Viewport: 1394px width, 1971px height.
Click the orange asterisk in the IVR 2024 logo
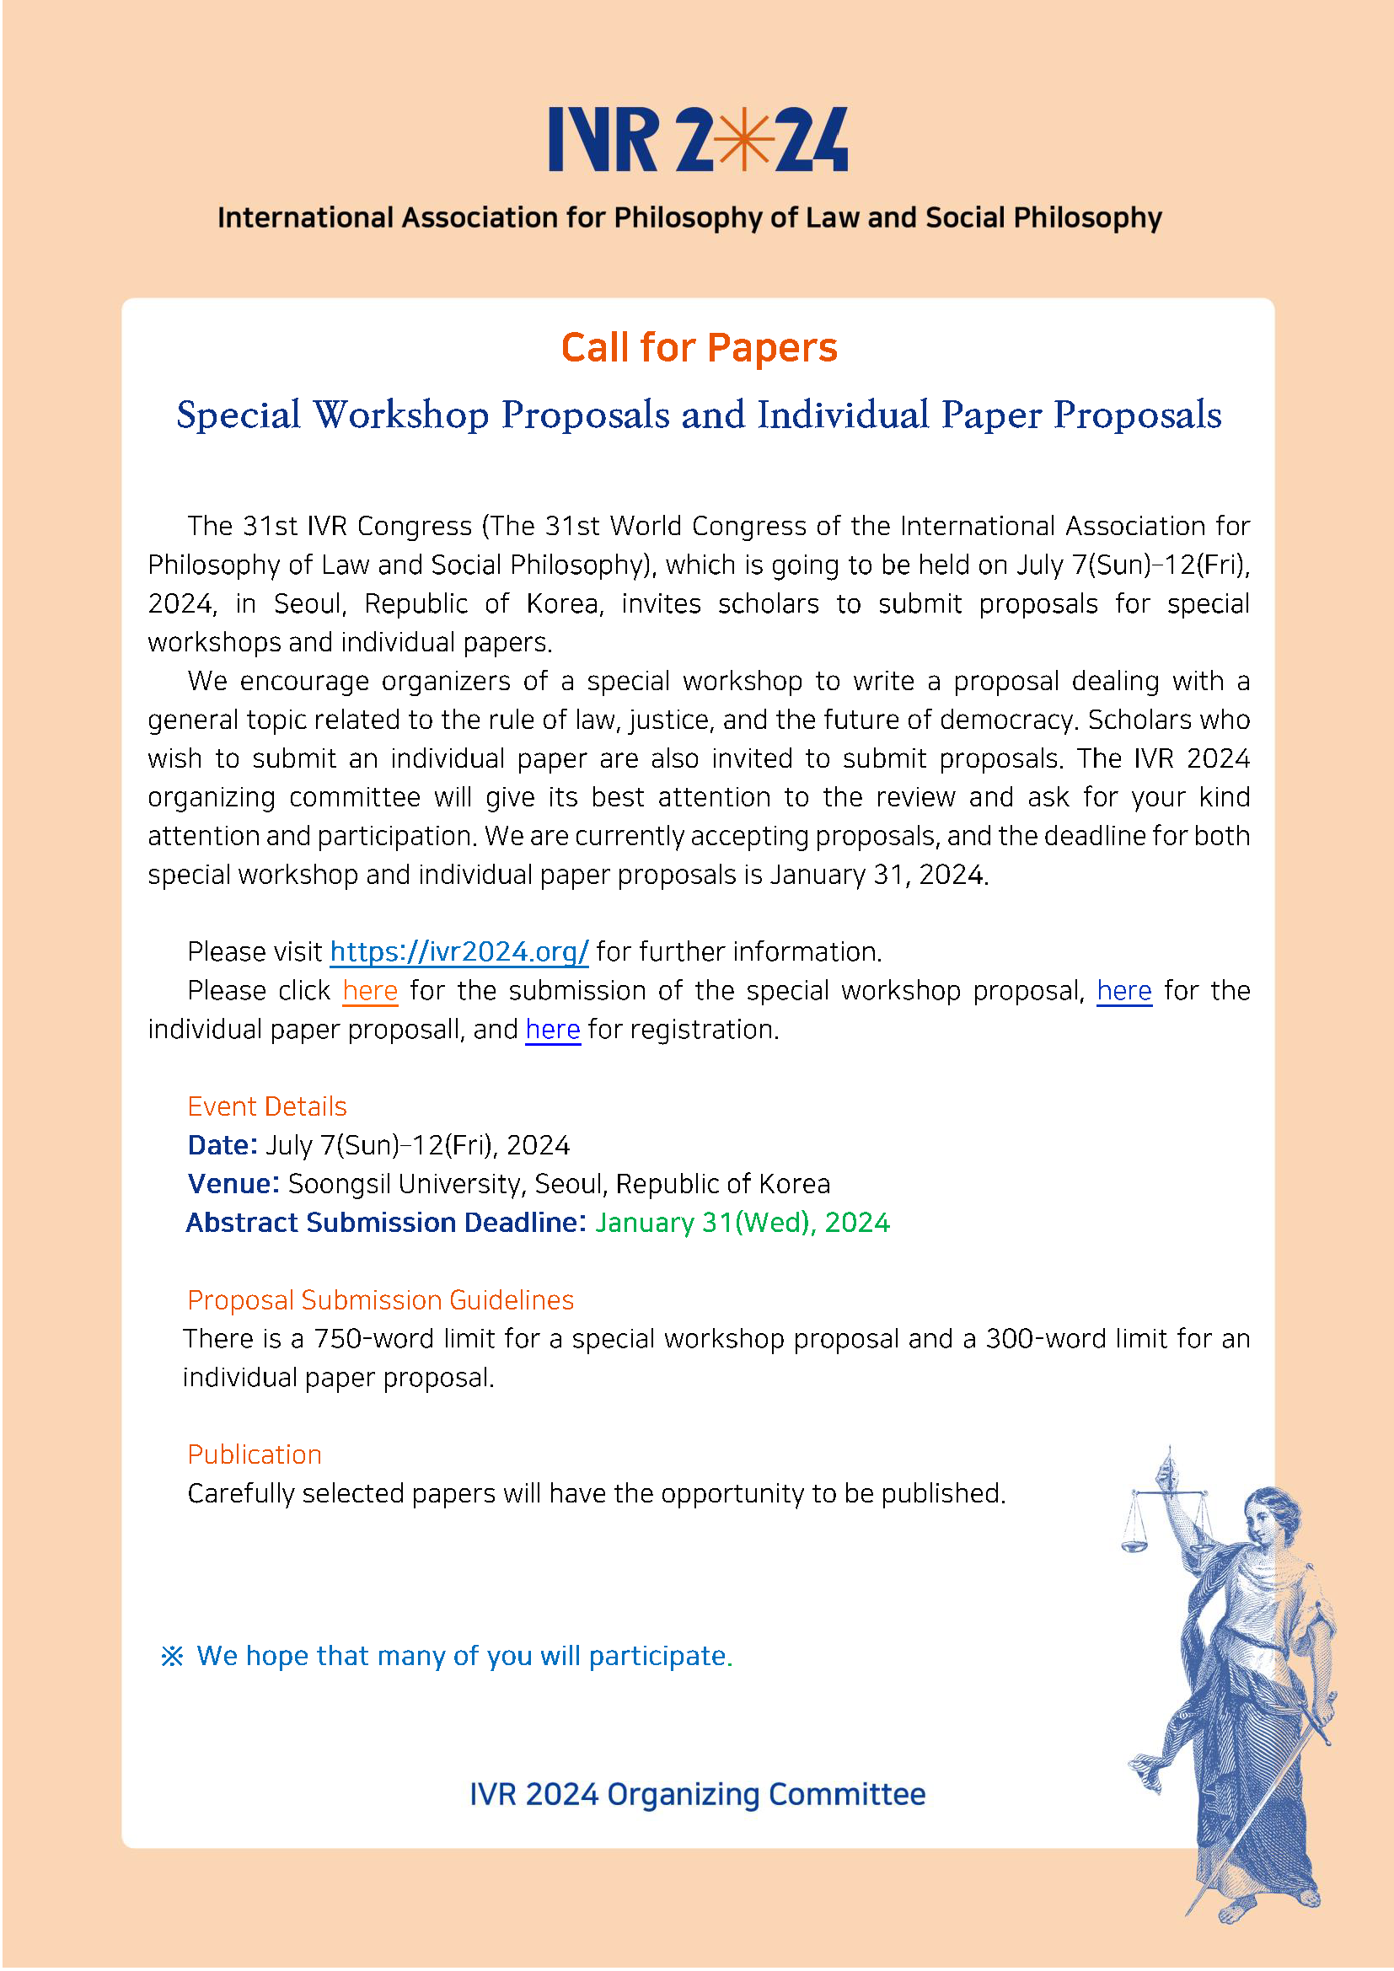point(743,139)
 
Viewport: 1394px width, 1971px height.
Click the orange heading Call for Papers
point(699,348)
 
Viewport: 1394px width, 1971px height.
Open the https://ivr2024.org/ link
point(459,951)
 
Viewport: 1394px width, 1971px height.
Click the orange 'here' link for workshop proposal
point(370,991)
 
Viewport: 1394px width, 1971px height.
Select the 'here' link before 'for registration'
point(553,1029)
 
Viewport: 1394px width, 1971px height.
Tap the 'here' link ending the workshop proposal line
point(1123,991)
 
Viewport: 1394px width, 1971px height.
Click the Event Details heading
point(267,1106)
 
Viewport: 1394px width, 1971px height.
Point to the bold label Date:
point(223,1145)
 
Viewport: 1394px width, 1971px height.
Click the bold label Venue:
point(233,1184)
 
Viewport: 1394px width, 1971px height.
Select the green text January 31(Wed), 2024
point(743,1223)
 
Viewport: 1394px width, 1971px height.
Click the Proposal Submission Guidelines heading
point(380,1299)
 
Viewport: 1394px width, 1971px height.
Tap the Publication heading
point(254,1454)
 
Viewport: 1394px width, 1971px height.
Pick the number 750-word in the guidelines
point(373,1338)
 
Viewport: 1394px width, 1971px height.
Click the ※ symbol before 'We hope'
point(172,1656)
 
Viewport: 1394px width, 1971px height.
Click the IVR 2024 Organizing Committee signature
point(697,1794)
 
